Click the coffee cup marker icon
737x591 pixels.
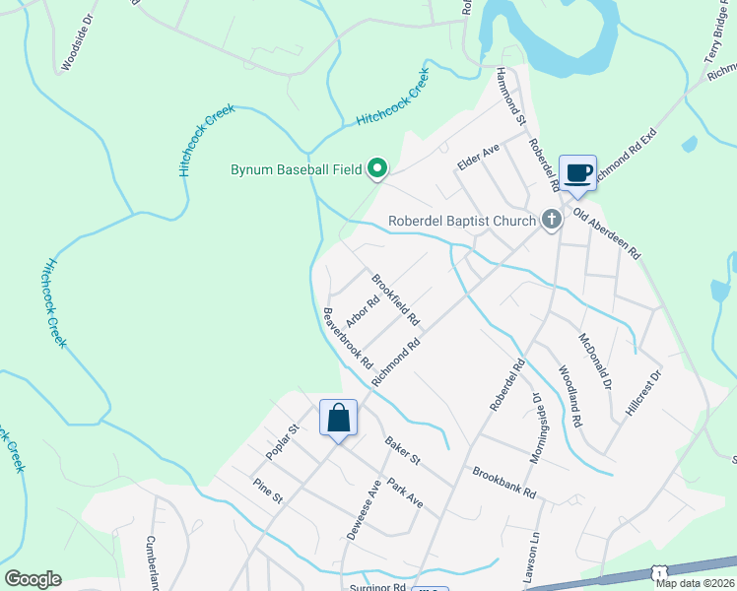pyautogui.click(x=577, y=173)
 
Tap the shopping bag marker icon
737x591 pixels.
pyautogui.click(x=338, y=418)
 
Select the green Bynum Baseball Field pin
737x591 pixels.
pyautogui.click(x=376, y=170)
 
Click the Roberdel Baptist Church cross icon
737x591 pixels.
pyautogui.click(x=552, y=221)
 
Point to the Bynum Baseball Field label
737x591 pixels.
pyautogui.click(x=296, y=170)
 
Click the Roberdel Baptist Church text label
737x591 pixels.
pyautogui.click(x=461, y=221)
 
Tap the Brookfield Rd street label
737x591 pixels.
pyautogui.click(x=395, y=299)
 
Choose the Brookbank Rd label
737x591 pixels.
pyautogui.click(x=503, y=480)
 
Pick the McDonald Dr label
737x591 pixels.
pyautogui.click(x=595, y=359)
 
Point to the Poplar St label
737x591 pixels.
pyautogui.click(x=282, y=442)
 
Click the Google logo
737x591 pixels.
pyautogui.click(x=33, y=579)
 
